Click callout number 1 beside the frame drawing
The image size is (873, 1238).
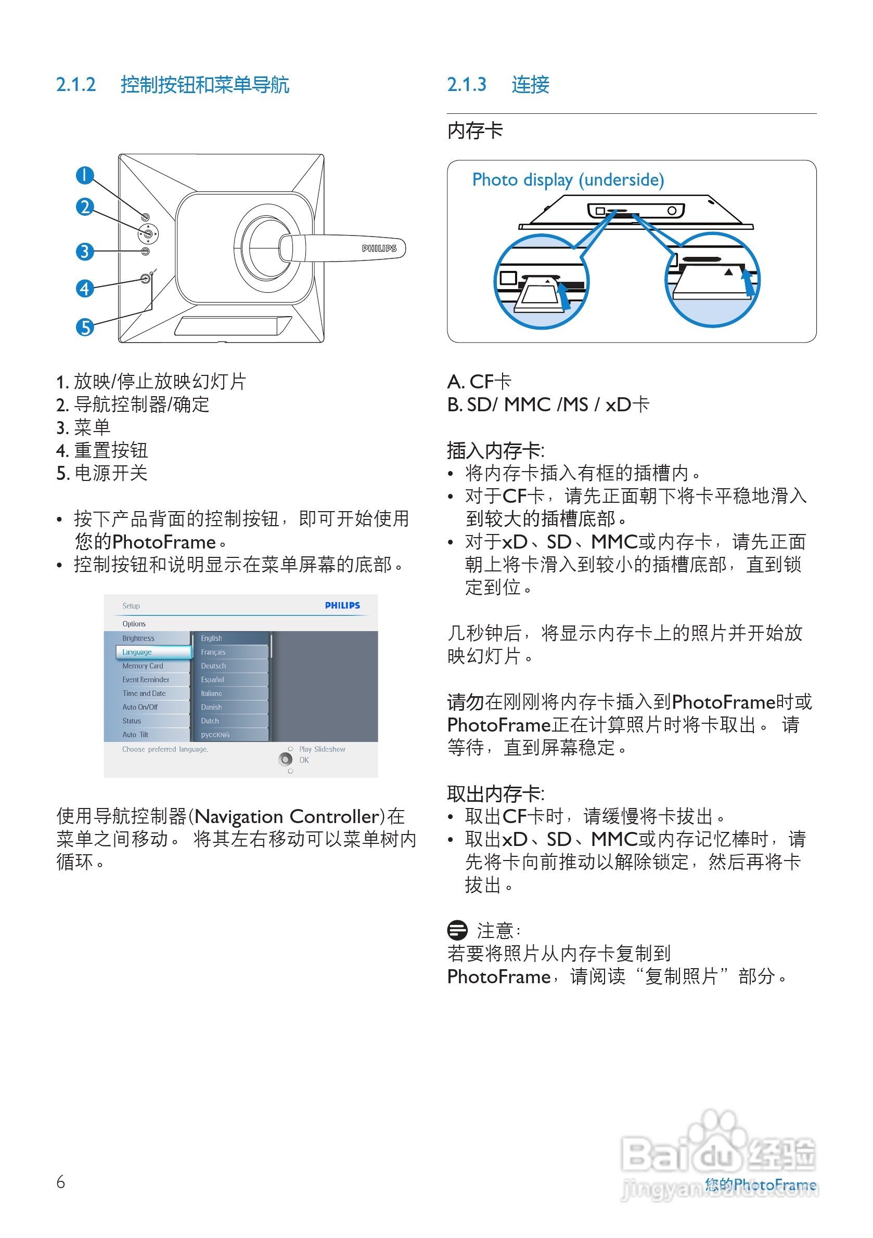pos(85,175)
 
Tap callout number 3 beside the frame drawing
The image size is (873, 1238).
pos(85,251)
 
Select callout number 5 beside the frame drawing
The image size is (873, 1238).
pos(85,327)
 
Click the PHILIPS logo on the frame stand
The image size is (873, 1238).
pos(379,249)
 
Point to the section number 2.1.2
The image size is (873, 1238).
pos(76,85)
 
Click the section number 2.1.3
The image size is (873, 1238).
pos(467,85)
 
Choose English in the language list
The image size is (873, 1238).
pos(212,638)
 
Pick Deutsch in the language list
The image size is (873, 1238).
pos(214,666)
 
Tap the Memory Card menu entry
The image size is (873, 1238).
pos(143,666)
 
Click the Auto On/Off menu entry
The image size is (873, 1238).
pos(140,707)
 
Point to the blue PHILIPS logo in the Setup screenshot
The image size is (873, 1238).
pos(342,606)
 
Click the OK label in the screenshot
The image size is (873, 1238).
pos(304,760)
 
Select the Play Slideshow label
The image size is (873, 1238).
pos(322,749)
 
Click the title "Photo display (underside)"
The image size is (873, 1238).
pos(568,179)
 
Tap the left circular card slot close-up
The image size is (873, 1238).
pos(541,281)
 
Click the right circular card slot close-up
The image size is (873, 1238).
pos(712,279)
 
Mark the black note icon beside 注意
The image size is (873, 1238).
pos(457,930)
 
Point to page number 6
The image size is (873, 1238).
pos(60,1182)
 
